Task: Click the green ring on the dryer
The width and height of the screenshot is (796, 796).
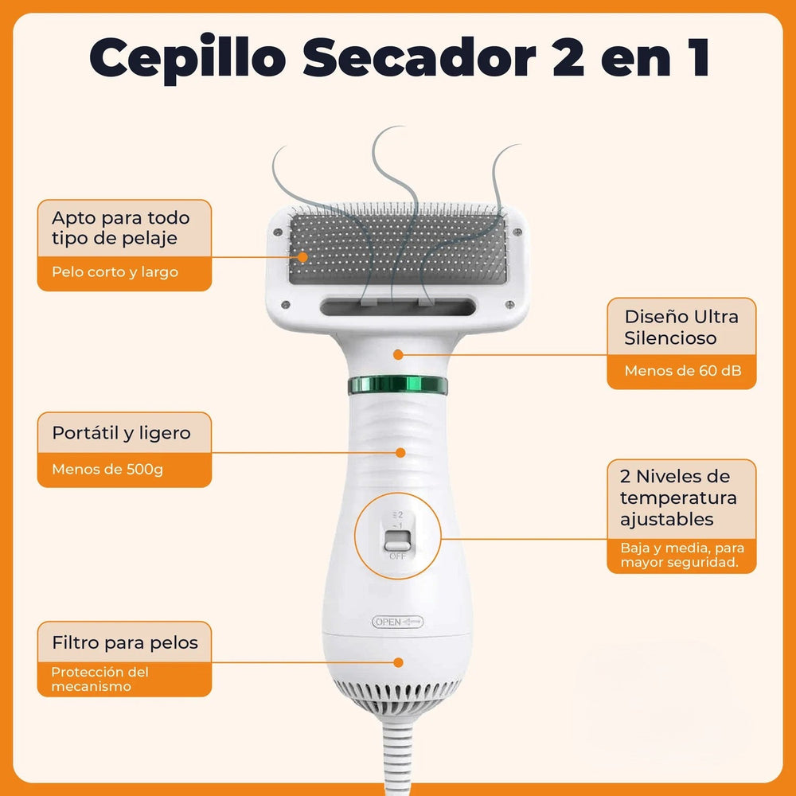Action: point(397,386)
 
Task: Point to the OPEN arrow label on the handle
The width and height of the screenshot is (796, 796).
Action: point(398,622)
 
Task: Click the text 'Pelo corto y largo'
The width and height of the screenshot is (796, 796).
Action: point(115,272)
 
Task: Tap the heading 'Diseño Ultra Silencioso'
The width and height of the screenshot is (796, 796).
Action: point(681,327)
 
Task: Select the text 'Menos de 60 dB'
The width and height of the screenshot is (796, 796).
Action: point(679,371)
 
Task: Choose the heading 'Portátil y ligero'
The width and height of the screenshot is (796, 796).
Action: point(122,433)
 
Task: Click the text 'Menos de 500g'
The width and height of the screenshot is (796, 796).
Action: point(107,469)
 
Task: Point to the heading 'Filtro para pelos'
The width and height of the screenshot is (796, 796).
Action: point(125,642)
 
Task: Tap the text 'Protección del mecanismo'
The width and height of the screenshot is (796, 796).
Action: point(99,679)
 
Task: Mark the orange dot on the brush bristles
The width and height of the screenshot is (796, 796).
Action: point(302,256)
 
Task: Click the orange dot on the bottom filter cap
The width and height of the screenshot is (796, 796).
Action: point(400,661)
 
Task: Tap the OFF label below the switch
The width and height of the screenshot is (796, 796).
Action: point(396,556)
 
